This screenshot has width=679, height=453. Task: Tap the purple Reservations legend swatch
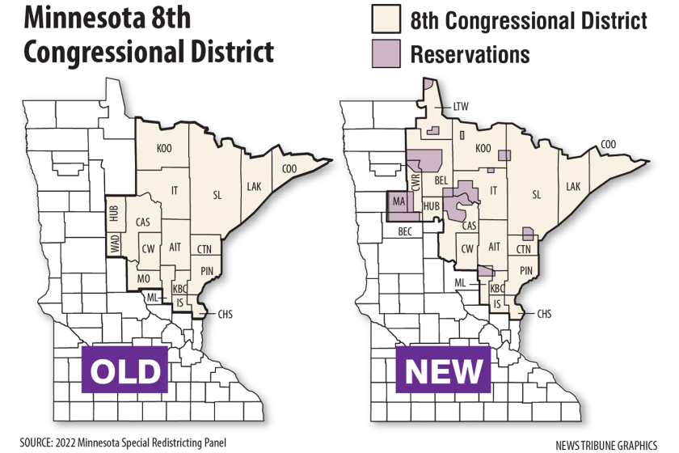pos(386,54)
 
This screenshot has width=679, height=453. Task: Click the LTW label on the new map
pos(461,106)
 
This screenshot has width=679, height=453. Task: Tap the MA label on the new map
pos(398,201)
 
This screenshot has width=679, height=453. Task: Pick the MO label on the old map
pos(144,278)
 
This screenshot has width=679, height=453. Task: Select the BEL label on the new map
pos(441,179)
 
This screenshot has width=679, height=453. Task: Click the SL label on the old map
pos(217,194)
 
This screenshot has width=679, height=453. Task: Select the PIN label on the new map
pos(525,270)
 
